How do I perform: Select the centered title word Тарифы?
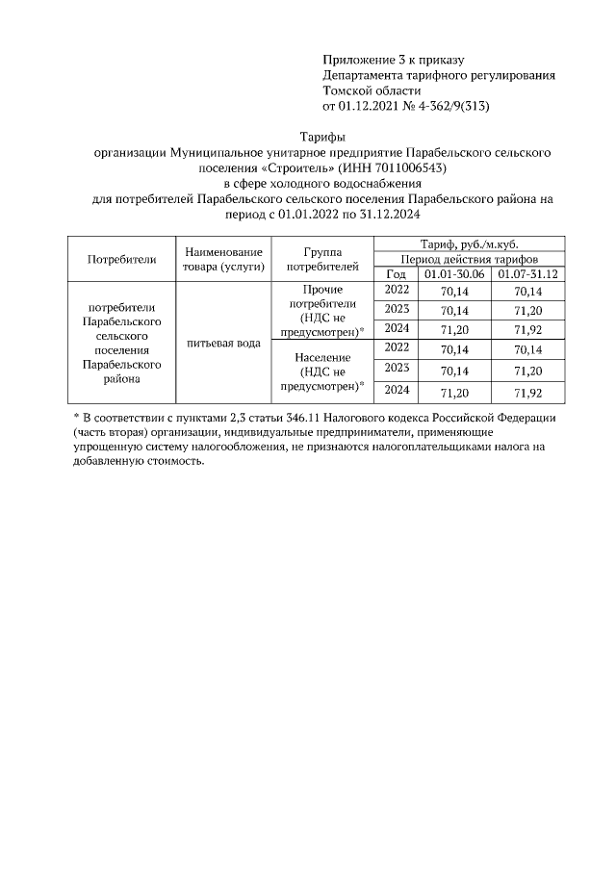(323, 138)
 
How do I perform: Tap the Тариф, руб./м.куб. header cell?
(470, 244)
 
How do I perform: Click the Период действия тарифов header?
(470, 260)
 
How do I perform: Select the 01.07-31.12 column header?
(527, 274)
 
